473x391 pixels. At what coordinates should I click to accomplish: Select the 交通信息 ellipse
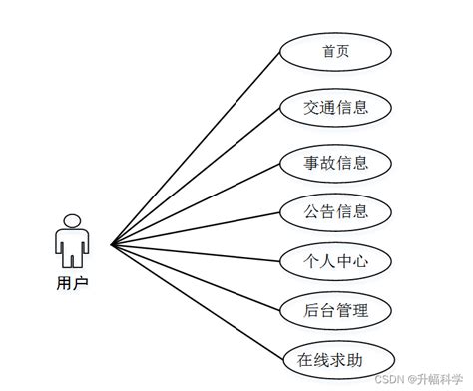coord(336,106)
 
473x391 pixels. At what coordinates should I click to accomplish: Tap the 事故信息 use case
coord(336,160)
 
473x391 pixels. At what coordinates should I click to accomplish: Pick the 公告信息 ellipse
coord(336,210)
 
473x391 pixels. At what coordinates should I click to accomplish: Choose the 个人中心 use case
coord(336,261)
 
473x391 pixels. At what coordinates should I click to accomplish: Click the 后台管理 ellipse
coord(336,310)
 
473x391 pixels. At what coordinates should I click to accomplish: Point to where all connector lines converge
coord(112,243)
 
